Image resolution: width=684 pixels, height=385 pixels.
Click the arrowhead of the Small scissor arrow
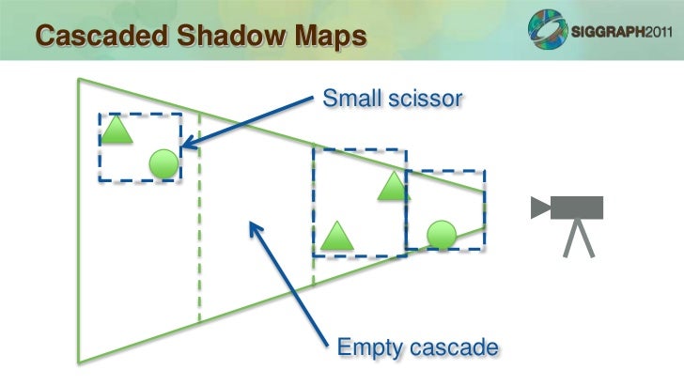pyautogui.click(x=187, y=144)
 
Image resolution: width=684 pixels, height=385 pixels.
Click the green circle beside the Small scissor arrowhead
pyautogui.click(x=163, y=164)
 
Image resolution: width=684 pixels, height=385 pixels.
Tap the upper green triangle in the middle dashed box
pyautogui.click(x=394, y=187)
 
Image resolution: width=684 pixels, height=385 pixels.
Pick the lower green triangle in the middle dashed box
pyautogui.click(x=335, y=236)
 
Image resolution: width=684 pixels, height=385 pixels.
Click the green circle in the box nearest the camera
pyautogui.click(x=441, y=233)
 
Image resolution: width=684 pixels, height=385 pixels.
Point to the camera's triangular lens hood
pyautogui.click(x=539, y=208)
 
